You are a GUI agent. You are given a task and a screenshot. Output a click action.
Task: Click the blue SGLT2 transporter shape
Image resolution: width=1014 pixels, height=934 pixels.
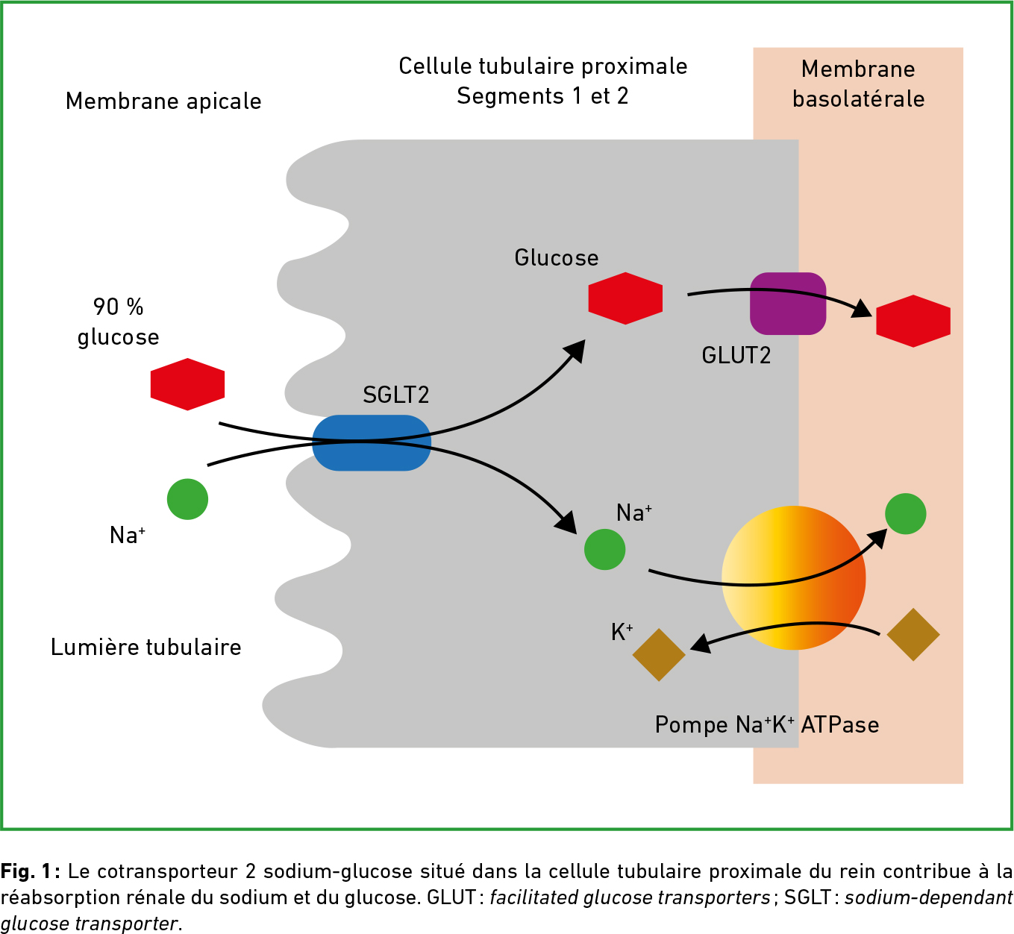pyautogui.click(x=371, y=443)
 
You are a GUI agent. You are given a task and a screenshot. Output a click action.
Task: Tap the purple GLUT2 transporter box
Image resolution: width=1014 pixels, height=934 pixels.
pyautogui.click(x=787, y=304)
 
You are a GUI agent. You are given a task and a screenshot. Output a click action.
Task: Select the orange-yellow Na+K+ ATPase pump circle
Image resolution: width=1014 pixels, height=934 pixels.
pyautogui.click(x=793, y=577)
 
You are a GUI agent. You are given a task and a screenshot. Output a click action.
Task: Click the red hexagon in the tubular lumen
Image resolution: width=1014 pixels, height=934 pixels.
pyautogui.click(x=187, y=384)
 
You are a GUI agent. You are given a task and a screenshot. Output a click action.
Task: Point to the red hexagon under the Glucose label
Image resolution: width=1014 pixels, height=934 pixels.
pyautogui.click(x=625, y=298)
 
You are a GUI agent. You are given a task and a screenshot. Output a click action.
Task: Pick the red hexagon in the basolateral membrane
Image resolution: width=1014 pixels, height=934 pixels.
pyautogui.click(x=913, y=321)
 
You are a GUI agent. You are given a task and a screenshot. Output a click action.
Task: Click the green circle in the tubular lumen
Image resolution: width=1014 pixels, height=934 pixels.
pyautogui.click(x=187, y=499)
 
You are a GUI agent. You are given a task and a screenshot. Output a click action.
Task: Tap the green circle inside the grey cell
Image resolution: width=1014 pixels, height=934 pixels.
pyautogui.click(x=604, y=550)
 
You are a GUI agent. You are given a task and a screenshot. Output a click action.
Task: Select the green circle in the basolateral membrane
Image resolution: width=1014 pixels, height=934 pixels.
pyautogui.click(x=905, y=514)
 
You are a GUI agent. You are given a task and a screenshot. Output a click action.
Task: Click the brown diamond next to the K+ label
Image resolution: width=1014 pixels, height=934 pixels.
pyautogui.click(x=658, y=655)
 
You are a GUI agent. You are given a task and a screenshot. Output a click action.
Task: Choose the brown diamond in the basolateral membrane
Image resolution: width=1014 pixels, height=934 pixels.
pyautogui.click(x=913, y=635)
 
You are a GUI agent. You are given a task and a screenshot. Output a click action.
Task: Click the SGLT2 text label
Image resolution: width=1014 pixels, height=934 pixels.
pyautogui.click(x=395, y=395)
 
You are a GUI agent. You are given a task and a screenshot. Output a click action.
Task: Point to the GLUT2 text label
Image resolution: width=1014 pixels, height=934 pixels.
pyautogui.click(x=736, y=356)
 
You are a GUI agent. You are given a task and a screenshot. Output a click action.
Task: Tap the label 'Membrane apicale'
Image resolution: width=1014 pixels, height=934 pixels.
pyautogui.click(x=163, y=101)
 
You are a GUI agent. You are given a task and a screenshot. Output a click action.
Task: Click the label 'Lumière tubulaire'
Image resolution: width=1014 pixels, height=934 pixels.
pyautogui.click(x=146, y=647)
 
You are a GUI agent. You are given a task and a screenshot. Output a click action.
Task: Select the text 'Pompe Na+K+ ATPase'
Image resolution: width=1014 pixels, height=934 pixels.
pyautogui.click(x=766, y=725)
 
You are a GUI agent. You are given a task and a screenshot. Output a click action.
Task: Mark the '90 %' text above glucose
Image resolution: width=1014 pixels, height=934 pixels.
pyautogui.click(x=118, y=307)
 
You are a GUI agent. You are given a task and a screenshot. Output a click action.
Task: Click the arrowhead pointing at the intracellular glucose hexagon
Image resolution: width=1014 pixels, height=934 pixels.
pyautogui.click(x=575, y=349)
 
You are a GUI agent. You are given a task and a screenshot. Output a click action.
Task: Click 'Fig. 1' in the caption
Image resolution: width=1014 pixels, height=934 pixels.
pyautogui.click(x=25, y=871)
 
